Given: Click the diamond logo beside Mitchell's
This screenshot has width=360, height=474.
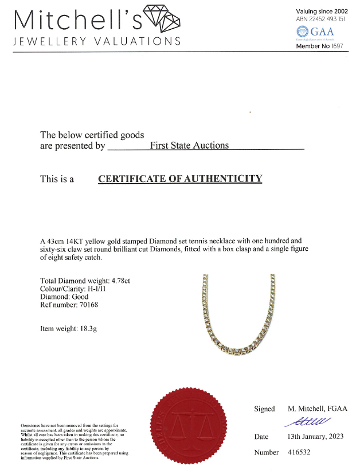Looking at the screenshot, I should click(163, 18).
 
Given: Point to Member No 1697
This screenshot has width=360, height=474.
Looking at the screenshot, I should click(319, 46).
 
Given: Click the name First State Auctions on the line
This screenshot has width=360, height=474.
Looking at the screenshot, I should click(189, 145).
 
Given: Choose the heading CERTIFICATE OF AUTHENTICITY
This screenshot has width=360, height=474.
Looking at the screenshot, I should click(180, 178).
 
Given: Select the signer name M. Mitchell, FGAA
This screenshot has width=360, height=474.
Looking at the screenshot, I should click(315, 409).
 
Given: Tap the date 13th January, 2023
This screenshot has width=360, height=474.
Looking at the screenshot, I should click(315, 437).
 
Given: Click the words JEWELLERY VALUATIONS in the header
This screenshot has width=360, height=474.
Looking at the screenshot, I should click(97, 41).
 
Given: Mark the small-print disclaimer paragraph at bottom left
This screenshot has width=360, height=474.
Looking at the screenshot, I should click(74, 441).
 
